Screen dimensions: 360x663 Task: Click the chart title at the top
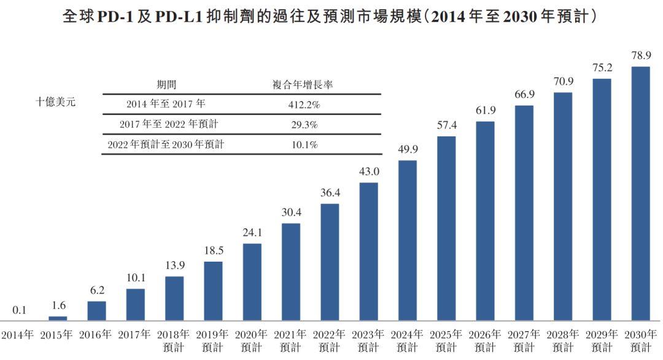pyautogui.click(x=331, y=17)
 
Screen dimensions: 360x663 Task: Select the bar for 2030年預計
pyautogui.click(x=640, y=193)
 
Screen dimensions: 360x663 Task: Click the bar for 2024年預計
pyautogui.click(x=408, y=240)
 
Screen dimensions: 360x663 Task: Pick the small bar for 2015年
pyautogui.click(x=58, y=318)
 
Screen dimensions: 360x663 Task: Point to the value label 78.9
pyautogui.click(x=640, y=56)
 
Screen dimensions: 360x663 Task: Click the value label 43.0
pyautogui.click(x=369, y=171)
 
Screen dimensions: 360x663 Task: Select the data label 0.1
pyautogui.click(x=19, y=310)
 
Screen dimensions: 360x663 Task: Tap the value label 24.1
pyautogui.click(x=252, y=233)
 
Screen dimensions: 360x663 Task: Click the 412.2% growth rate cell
pyautogui.click(x=304, y=104)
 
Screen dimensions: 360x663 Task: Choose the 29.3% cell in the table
pyautogui.click(x=304, y=125)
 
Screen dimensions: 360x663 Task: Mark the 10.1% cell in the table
pyautogui.click(x=304, y=145)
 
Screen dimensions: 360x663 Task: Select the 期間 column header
pyautogui.click(x=166, y=85)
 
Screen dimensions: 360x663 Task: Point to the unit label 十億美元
pyautogui.click(x=55, y=102)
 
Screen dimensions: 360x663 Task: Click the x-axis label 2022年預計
pyautogui.click(x=330, y=341)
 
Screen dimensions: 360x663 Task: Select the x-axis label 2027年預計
pyautogui.click(x=524, y=341)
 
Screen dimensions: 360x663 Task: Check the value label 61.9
pyautogui.click(x=485, y=111)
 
